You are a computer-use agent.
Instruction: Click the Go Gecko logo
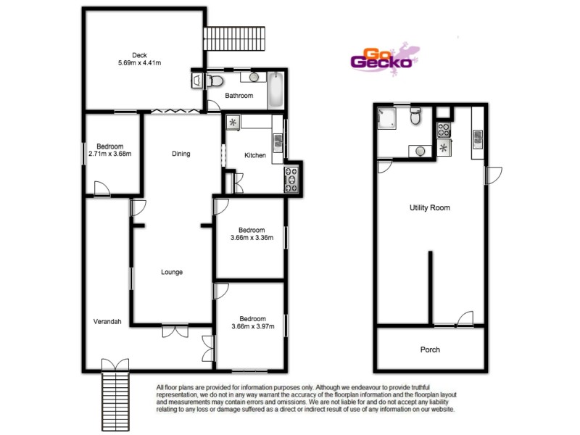(x=382, y=58)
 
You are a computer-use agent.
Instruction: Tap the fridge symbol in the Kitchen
(x=233, y=122)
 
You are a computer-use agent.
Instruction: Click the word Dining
(x=181, y=154)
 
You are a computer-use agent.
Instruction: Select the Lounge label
(x=172, y=273)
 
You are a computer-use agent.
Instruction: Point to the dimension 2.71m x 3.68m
(x=109, y=154)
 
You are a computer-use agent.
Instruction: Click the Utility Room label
(x=430, y=208)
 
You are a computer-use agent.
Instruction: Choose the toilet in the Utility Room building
(x=415, y=116)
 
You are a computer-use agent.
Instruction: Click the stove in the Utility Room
(x=443, y=130)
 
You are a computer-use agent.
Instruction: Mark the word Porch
(x=430, y=349)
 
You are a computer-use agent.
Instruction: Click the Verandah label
(x=107, y=322)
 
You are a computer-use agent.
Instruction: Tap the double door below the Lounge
(x=173, y=331)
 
